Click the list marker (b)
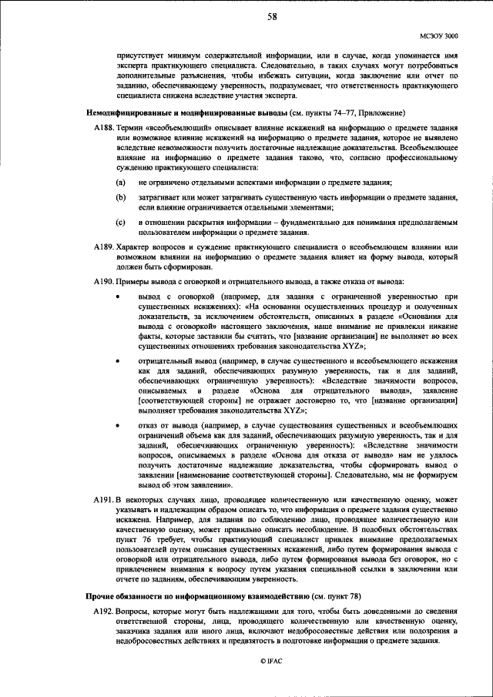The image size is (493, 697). point(121,198)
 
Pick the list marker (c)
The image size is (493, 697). point(121,223)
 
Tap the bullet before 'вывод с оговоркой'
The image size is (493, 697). point(117,297)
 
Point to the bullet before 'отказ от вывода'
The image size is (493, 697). point(117,424)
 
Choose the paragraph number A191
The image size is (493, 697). point(102,502)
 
